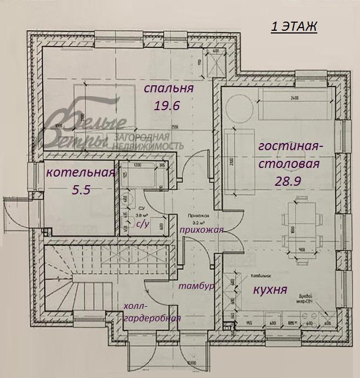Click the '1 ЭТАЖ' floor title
(x=294, y=27)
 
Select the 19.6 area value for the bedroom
(x=166, y=106)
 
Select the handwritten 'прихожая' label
(x=201, y=230)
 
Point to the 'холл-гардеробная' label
(x=151, y=312)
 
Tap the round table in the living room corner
(x=239, y=107)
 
